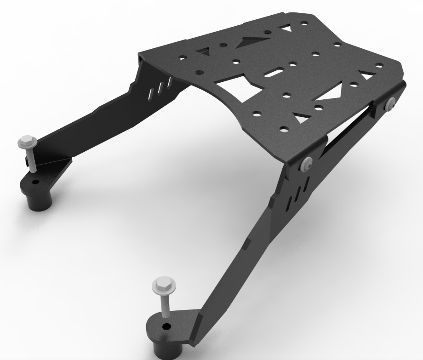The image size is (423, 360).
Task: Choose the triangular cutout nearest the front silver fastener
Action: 302,118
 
